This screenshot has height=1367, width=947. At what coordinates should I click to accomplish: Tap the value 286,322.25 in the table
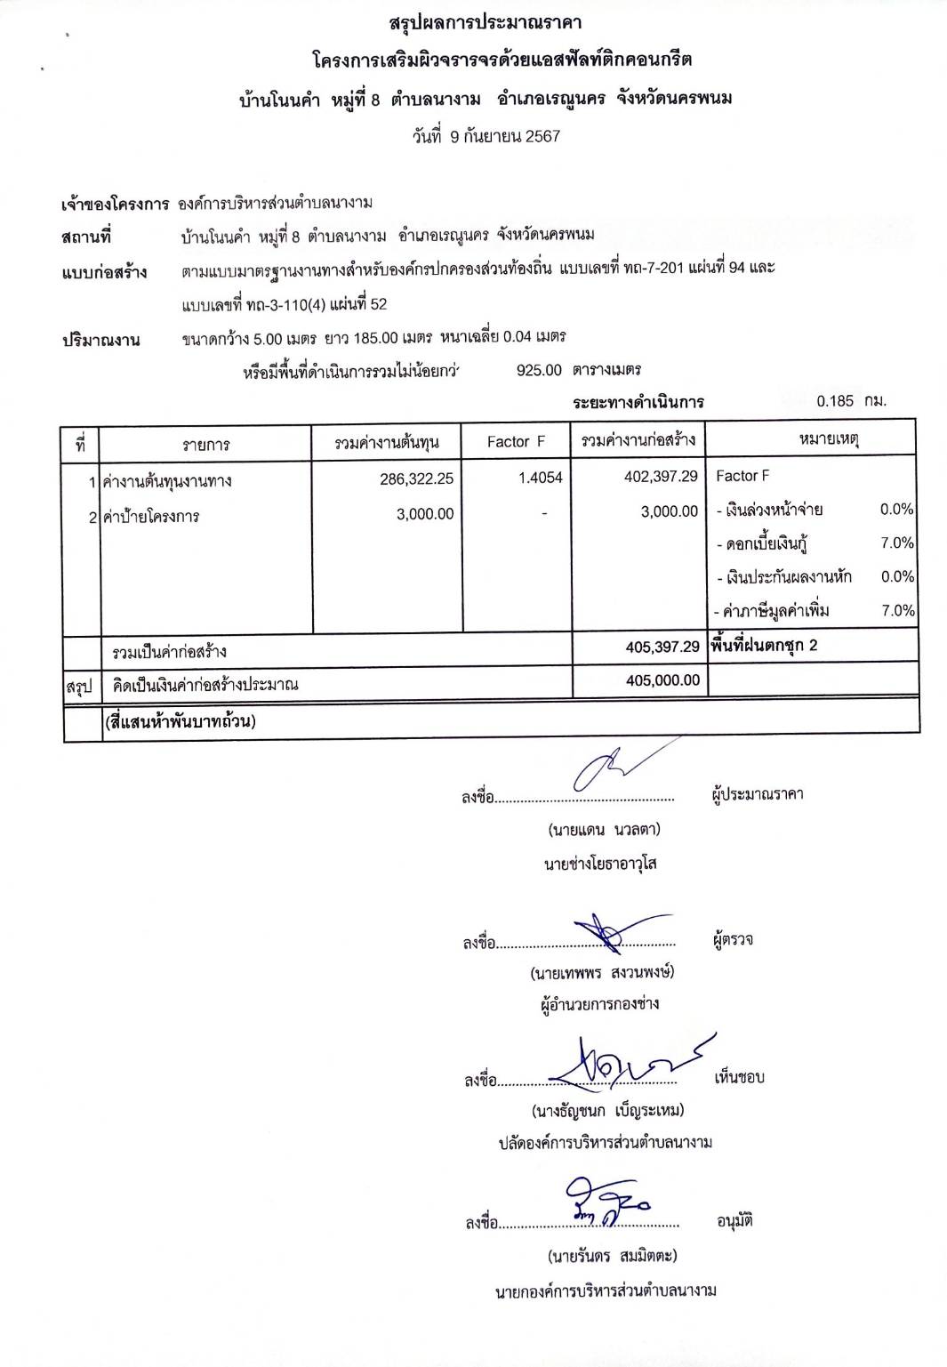click(x=416, y=478)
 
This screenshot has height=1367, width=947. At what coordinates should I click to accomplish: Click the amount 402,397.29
click(x=661, y=477)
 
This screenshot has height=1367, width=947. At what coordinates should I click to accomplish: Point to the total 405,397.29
click(x=662, y=647)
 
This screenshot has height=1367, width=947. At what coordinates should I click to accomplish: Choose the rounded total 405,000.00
click(x=662, y=680)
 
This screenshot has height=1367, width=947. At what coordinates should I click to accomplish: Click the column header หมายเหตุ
click(x=828, y=439)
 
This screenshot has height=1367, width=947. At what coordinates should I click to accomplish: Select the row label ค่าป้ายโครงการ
click(x=151, y=516)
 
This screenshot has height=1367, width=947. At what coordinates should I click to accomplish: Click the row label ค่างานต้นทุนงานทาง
click(x=167, y=481)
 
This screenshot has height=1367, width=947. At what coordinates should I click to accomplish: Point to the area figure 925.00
click(x=539, y=370)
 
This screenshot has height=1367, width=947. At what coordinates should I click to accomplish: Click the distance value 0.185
click(x=835, y=401)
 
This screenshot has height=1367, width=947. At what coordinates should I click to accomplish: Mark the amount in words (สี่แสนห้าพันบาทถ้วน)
click(x=180, y=721)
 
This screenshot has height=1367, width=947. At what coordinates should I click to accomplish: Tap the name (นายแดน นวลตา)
click(x=604, y=831)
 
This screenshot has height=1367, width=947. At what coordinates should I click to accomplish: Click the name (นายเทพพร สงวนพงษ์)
click(x=602, y=972)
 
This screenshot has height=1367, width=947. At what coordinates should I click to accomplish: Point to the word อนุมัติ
click(x=734, y=1221)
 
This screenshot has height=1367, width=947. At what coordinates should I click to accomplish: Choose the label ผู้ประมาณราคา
click(x=757, y=794)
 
